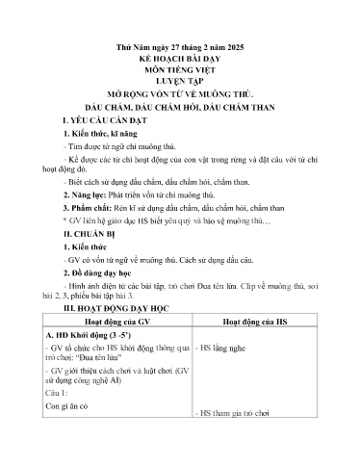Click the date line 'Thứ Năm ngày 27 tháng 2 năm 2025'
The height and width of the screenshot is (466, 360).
point(179,45)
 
